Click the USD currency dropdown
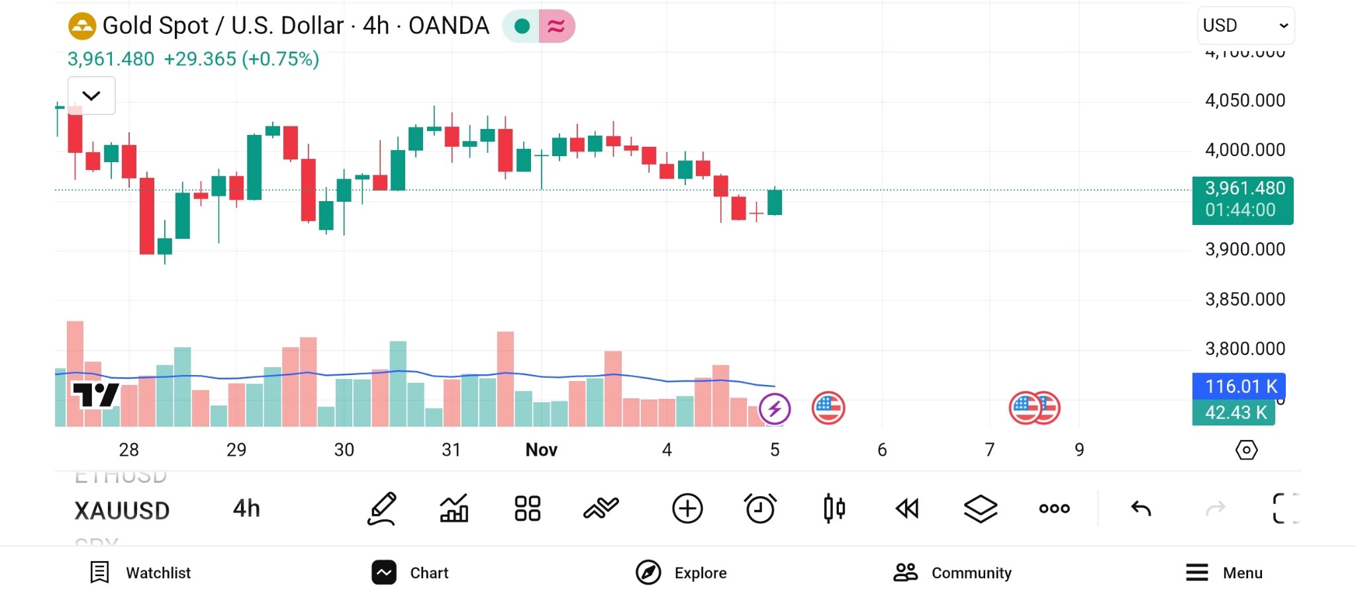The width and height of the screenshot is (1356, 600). tap(1245, 25)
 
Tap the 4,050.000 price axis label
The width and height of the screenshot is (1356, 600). tap(1245, 101)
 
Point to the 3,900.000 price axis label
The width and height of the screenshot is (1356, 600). tap(1245, 249)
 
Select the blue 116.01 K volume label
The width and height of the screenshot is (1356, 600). tap(1239, 386)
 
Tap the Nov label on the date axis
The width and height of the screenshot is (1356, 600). tap(541, 450)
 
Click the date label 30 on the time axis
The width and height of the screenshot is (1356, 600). tap(344, 450)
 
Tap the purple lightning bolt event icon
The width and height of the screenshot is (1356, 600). tap(775, 409)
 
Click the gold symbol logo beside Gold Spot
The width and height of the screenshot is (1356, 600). tap(82, 26)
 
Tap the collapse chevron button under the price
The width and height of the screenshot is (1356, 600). tap(91, 96)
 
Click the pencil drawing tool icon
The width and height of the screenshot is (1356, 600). tap(382, 509)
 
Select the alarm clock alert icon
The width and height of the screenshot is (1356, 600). tap(760, 509)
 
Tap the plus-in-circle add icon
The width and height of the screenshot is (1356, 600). tap(687, 509)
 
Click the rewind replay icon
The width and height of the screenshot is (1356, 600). tap(907, 509)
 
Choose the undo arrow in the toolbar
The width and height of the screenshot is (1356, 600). tap(1141, 509)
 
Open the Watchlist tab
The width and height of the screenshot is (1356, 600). tap(140, 572)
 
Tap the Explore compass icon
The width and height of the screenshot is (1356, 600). tap(648, 572)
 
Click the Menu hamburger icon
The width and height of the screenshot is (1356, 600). tap(1197, 572)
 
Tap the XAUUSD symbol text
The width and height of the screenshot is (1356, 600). tap(122, 511)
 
